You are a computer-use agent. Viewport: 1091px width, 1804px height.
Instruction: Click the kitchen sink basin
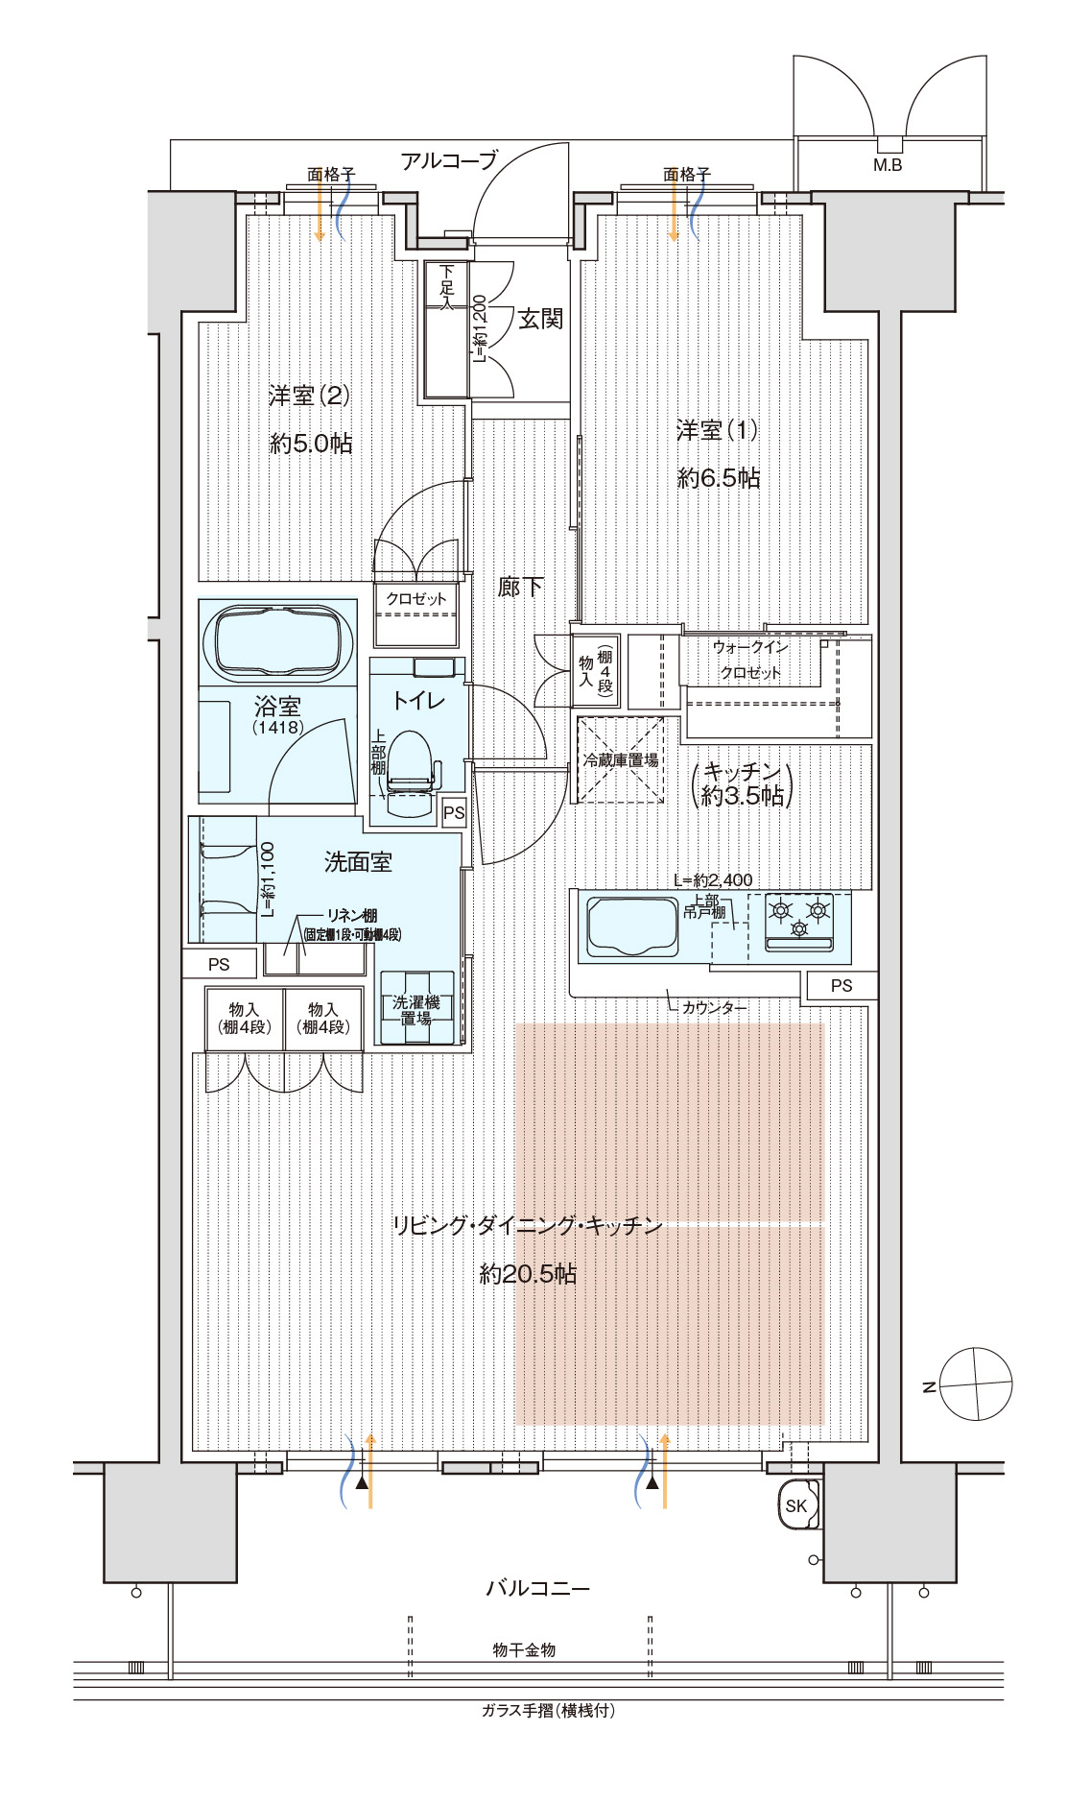coord(632,926)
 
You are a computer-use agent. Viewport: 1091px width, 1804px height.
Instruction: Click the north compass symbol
coord(976,1383)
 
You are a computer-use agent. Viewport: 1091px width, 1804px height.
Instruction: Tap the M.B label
coord(888,165)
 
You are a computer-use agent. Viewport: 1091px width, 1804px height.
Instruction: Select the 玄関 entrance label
coord(540,319)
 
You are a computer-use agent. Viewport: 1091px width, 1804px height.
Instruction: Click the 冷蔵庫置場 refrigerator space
coord(621,759)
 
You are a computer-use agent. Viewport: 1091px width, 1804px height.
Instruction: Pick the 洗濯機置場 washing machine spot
coord(416,1009)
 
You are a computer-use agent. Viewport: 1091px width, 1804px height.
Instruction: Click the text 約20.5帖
coord(528,1274)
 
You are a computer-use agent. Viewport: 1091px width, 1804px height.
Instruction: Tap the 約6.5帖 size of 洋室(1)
coord(719,477)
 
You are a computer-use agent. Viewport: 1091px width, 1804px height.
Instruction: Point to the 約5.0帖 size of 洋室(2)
coord(311,443)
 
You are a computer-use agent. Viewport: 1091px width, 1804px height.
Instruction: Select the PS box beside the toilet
coord(454,812)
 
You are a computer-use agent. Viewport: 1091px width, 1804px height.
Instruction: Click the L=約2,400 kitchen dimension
coord(713,879)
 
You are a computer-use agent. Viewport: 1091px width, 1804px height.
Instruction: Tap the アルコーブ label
coord(449,160)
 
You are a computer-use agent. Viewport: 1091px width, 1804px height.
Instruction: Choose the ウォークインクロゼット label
coord(750,660)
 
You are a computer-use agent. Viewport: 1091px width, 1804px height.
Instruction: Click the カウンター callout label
coord(714,1007)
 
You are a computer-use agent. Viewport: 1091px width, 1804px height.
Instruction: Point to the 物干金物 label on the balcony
coord(524,1649)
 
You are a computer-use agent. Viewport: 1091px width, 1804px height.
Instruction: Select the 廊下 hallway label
coord(520,587)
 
